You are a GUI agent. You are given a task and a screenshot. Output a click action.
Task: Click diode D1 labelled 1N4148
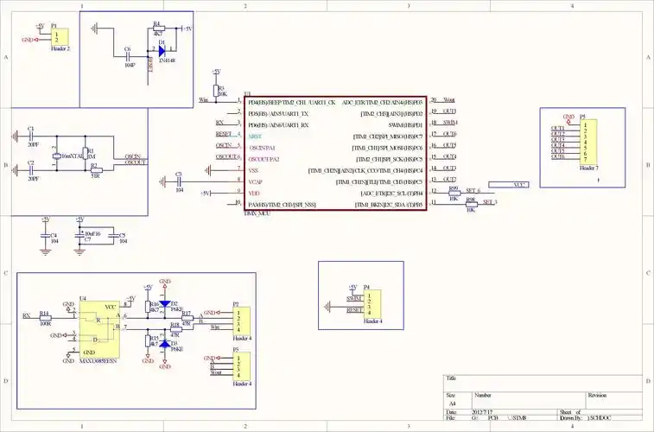point(162,51)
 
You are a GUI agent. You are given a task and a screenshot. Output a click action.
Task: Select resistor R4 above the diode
point(157,29)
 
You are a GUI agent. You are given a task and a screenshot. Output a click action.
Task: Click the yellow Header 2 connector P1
point(59,38)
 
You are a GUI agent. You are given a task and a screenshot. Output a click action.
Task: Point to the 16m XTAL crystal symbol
point(57,156)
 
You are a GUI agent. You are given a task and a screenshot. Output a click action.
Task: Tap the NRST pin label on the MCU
point(255,137)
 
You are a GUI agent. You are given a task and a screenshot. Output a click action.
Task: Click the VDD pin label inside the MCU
point(253,193)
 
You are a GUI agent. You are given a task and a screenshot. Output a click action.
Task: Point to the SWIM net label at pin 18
point(450,124)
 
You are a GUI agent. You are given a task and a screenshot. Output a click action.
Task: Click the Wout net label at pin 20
point(448,101)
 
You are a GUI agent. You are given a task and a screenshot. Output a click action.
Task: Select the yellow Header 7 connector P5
point(587,140)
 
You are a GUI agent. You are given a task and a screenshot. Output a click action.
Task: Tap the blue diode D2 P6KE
point(164,305)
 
